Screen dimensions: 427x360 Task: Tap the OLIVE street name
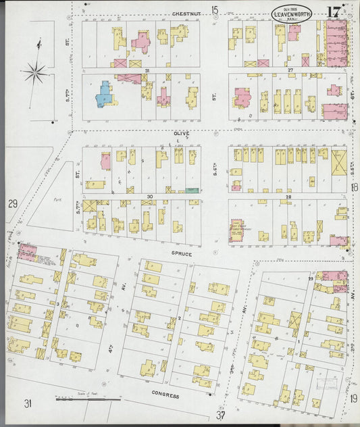point(180,134)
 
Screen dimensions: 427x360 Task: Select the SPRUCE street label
point(182,254)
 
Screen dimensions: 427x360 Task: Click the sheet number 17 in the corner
point(333,12)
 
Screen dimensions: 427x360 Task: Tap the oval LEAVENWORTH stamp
point(292,14)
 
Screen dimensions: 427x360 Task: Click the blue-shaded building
point(103,95)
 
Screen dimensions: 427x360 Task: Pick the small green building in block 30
point(192,191)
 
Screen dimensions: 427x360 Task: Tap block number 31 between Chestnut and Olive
point(146,70)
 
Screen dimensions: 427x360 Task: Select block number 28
point(288,197)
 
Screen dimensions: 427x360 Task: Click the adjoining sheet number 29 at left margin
point(12,203)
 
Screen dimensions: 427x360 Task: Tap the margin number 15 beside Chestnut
point(215,9)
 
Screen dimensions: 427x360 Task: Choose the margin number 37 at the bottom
point(220,414)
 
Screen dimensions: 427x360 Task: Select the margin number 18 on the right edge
point(355,187)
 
